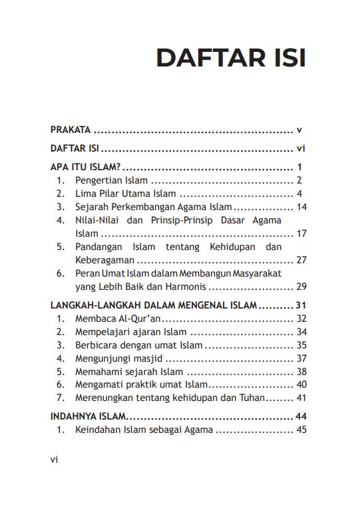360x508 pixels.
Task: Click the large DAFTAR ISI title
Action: click(x=231, y=58)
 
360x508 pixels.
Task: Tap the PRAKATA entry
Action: click(x=71, y=130)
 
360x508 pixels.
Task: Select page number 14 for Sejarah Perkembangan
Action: click(x=301, y=207)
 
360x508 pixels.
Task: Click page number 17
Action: click(x=301, y=233)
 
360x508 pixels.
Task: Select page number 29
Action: click(x=301, y=287)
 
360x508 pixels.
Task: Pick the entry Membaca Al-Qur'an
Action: click(x=114, y=318)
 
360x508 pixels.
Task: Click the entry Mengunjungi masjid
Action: click(x=118, y=358)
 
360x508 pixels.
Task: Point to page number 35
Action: click(x=301, y=345)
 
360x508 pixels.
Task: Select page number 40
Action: click(x=301, y=384)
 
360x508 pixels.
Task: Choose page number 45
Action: click(x=301, y=430)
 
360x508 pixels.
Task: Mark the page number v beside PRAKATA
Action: click(x=300, y=130)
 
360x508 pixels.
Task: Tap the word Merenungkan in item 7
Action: click(x=105, y=398)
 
